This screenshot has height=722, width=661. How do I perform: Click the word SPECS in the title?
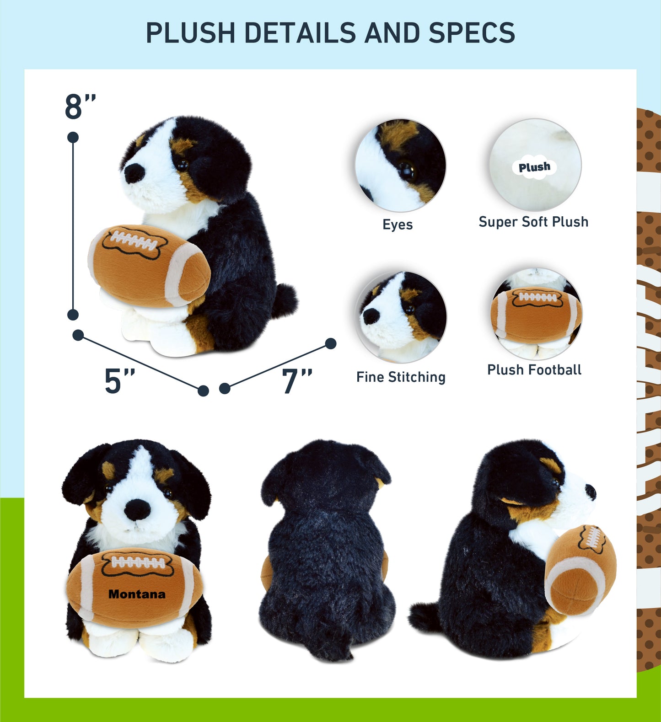click(x=471, y=33)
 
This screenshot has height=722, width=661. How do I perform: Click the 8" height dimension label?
click(x=80, y=107)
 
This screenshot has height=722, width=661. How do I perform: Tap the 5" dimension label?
click(x=119, y=381)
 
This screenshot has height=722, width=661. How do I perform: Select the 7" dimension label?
click(x=296, y=381)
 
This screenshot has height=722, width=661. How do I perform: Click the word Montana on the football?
click(x=137, y=594)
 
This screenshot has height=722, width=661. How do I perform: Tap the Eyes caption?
click(x=398, y=225)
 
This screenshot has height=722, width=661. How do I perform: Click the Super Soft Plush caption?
click(x=533, y=222)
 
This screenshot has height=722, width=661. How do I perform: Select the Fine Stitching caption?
click(x=401, y=377)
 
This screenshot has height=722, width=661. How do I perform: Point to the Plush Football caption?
click(x=534, y=369)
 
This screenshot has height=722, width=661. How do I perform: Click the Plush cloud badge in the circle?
click(x=534, y=167)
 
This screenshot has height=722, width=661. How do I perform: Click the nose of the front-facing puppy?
click(x=137, y=509)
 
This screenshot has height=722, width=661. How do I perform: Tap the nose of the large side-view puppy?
click(x=134, y=173)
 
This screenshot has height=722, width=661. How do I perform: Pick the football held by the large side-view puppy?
click(x=149, y=265)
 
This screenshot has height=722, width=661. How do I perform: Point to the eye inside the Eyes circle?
click(x=406, y=170)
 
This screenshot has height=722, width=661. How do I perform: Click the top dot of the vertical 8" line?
click(x=73, y=137)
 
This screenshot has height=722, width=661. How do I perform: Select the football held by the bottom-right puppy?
click(x=580, y=569)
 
